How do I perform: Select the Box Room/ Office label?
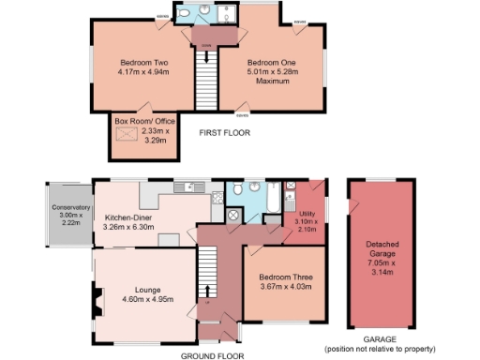coord(140,122)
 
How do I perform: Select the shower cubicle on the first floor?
coord(228,13)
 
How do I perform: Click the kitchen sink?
coord(193,186)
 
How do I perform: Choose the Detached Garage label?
coord(381,247)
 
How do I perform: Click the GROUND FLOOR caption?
coord(212,355)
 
